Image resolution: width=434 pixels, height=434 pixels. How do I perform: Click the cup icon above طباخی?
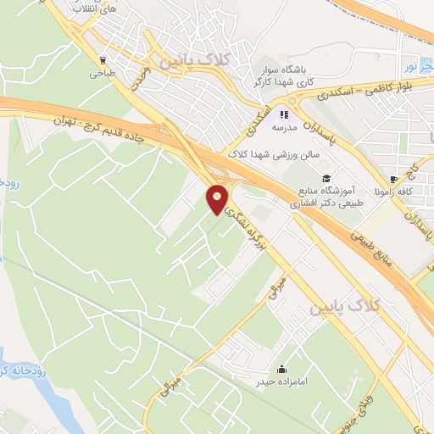103,60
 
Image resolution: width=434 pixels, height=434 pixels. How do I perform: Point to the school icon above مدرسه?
285,114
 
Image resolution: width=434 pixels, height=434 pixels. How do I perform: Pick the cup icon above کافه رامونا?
394,180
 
